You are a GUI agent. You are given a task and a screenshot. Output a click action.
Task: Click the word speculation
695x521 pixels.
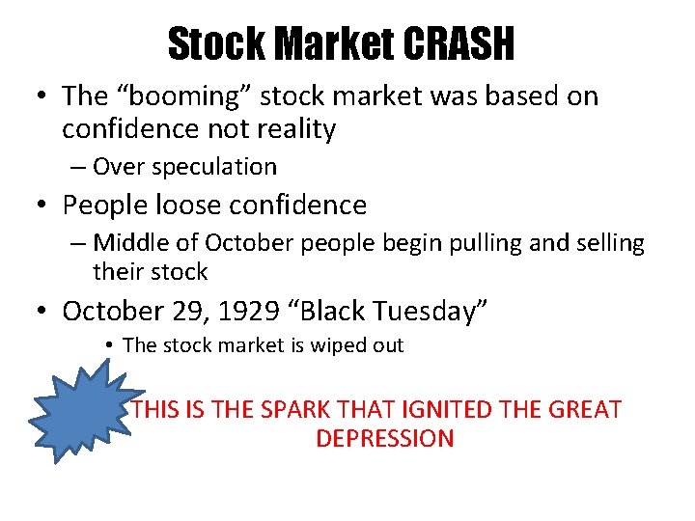point(218,166)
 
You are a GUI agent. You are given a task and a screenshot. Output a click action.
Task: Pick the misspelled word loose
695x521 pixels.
point(184,205)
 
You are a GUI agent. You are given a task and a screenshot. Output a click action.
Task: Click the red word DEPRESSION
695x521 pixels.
point(384,438)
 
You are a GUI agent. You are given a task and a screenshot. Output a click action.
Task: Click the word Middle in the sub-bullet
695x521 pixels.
point(130,242)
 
